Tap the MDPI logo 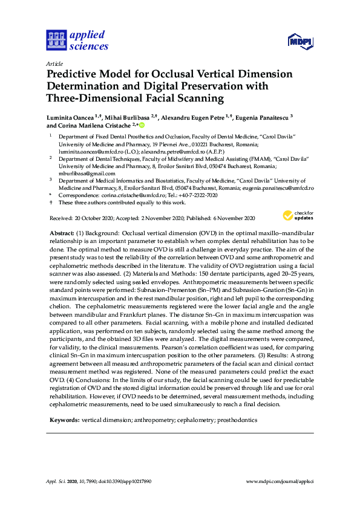(x=301, y=41)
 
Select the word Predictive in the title (x=74, y=74)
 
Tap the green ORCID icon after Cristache (x=143, y=126)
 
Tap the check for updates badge (x=297, y=216)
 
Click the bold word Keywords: (x=63, y=402)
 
